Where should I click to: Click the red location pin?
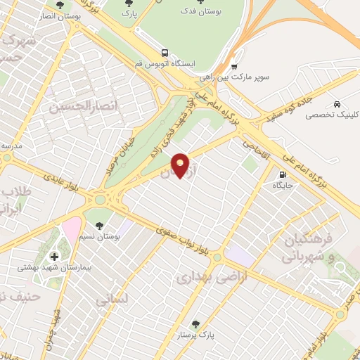(x=180, y=165)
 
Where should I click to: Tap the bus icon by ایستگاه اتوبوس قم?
(x=165, y=52)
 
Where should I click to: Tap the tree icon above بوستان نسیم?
(x=98, y=225)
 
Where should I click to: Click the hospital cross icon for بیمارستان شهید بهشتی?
(x=54, y=256)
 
